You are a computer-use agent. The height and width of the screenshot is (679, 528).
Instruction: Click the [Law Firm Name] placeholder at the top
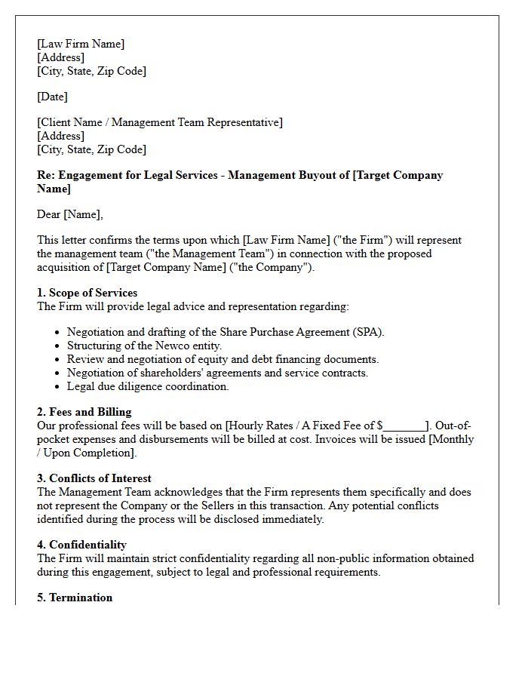tap(81, 44)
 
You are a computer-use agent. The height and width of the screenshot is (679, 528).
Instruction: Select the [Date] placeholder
tap(52, 97)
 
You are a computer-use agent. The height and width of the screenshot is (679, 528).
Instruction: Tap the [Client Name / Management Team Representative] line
tap(160, 122)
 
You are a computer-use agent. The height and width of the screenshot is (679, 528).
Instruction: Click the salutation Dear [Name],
tap(70, 214)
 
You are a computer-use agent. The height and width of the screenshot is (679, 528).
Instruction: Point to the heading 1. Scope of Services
tap(87, 293)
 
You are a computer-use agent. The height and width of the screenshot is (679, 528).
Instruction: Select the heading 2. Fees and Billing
tap(84, 412)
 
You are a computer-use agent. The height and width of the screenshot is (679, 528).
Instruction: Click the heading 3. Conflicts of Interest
tap(94, 478)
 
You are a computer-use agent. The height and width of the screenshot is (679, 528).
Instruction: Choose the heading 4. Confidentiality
tap(81, 545)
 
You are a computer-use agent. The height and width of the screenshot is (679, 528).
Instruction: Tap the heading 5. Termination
tap(75, 598)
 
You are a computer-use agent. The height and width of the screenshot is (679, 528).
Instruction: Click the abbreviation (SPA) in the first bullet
tap(368, 332)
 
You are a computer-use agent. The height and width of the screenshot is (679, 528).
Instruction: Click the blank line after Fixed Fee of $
tap(405, 426)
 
